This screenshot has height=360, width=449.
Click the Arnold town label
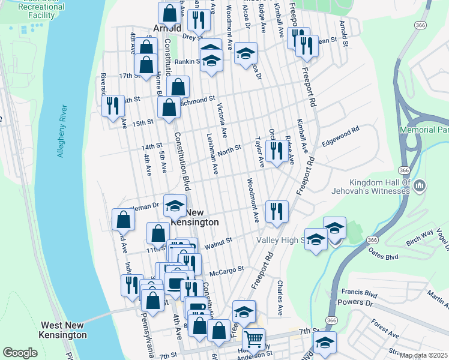point(167,28)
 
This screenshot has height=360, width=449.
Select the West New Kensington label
point(63,330)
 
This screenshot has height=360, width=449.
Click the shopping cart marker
point(253,340)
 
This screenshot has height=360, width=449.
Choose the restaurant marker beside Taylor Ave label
point(276,151)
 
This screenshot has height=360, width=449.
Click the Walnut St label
point(218,242)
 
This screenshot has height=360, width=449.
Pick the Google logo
point(20,353)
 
